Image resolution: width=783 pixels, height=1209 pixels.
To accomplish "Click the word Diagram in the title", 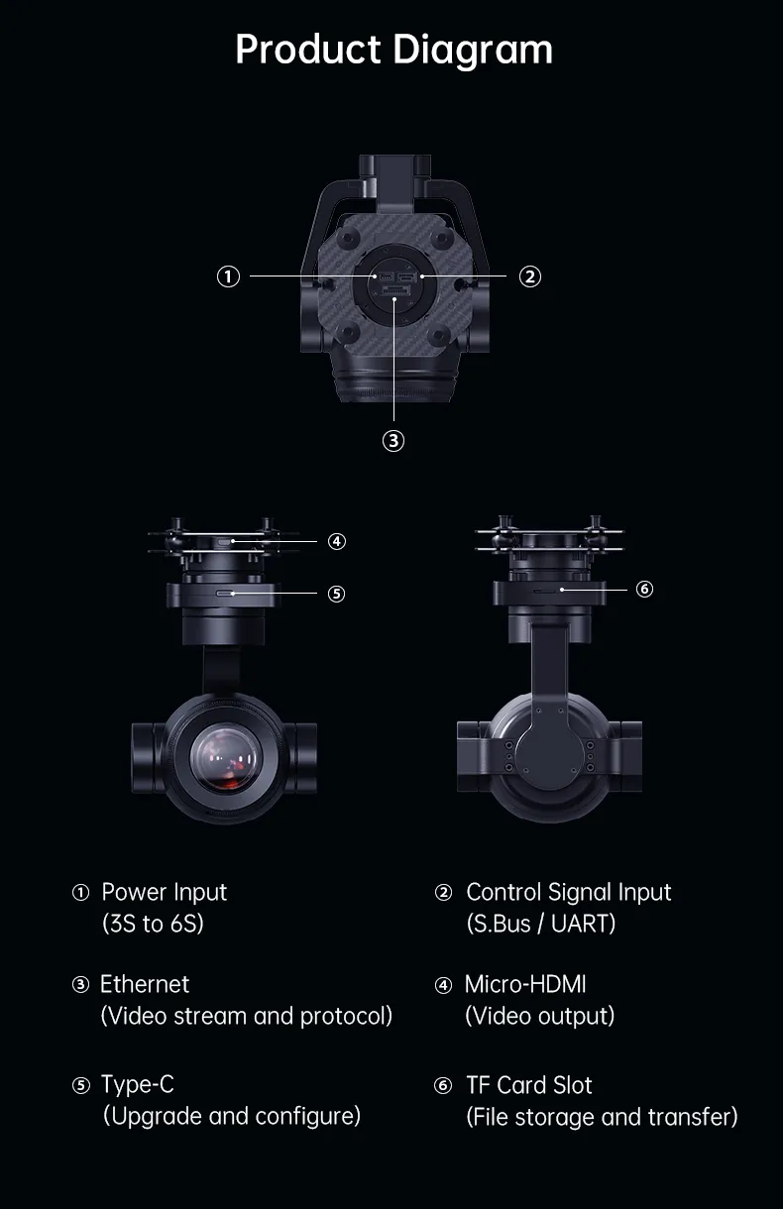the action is click(473, 50).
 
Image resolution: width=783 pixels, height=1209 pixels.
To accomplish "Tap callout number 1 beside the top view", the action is click(228, 276).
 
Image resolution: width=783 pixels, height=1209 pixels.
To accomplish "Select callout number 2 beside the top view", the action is click(529, 276).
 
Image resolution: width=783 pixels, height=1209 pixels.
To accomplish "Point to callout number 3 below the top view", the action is click(393, 441).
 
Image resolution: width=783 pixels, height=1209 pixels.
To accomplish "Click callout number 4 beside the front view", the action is click(337, 541).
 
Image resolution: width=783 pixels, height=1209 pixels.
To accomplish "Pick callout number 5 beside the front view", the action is click(336, 594).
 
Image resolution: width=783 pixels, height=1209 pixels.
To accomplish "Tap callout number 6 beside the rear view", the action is click(644, 589).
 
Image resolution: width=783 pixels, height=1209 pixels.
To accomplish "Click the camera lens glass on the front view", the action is click(225, 757).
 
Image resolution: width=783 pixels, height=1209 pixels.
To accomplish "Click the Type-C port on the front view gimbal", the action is click(224, 594).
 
